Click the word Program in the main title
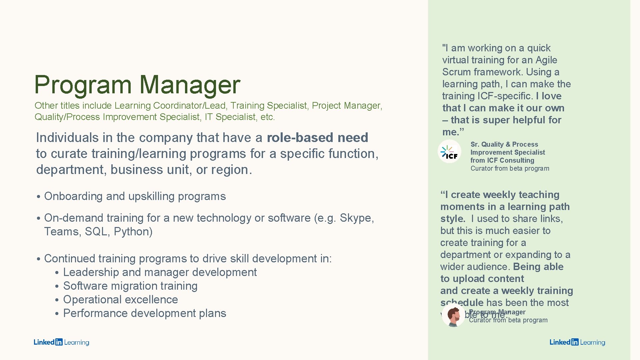[83, 85]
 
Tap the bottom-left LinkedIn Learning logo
[61, 342]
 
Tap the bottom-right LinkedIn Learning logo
[577, 342]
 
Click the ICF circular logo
[449, 152]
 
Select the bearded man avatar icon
[453, 315]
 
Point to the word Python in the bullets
[133, 232]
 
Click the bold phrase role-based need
[317, 138]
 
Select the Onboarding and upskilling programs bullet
[135, 196]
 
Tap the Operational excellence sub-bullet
[120, 300]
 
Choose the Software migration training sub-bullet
[130, 286]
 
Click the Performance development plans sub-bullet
[144, 313]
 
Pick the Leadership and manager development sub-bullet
[160, 272]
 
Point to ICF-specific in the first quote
[505, 96]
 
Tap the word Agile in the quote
[546, 60]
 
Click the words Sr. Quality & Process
[504, 144]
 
